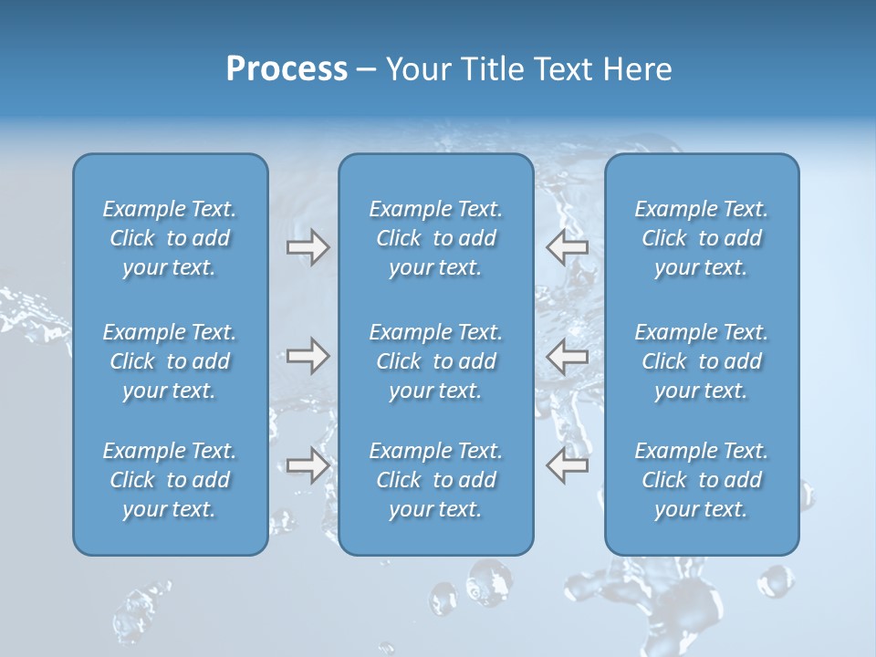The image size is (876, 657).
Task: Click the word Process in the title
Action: (x=287, y=69)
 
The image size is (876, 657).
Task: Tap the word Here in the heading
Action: (x=638, y=69)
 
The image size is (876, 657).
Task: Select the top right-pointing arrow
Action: (x=308, y=247)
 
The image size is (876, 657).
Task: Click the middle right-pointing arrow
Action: (x=308, y=356)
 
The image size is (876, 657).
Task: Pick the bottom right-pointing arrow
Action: (x=308, y=465)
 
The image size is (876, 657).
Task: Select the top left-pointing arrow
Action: (x=568, y=247)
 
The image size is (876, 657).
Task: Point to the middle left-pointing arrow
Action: (x=568, y=356)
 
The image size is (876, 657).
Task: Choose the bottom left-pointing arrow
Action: (x=568, y=465)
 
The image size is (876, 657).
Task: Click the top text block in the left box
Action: (x=170, y=238)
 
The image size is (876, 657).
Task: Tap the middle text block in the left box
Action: (x=170, y=361)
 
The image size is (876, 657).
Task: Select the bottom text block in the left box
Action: (x=170, y=480)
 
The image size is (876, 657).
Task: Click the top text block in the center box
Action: (x=435, y=238)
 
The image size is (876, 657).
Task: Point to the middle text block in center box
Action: (x=435, y=361)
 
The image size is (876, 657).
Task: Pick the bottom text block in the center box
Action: (x=435, y=480)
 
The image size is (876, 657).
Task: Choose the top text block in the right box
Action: (x=702, y=238)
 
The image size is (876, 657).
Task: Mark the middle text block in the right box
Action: (x=702, y=361)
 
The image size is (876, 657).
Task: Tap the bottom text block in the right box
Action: (x=702, y=480)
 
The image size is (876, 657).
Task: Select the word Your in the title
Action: (x=415, y=69)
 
